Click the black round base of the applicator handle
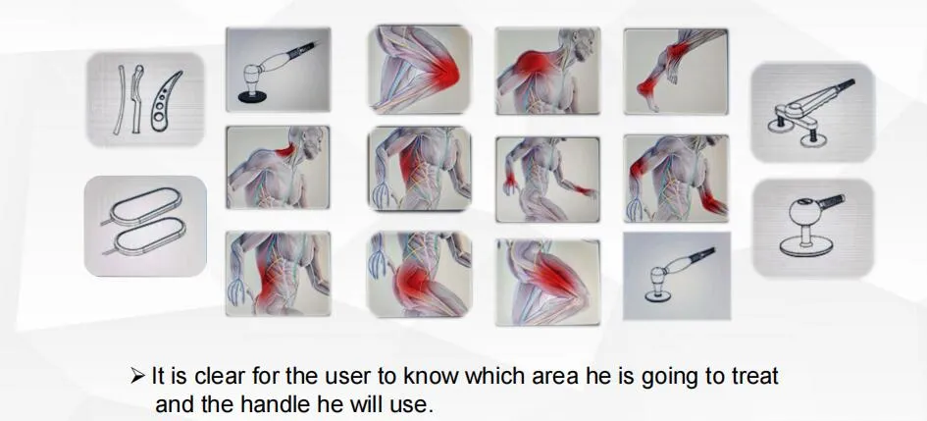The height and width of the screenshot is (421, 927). (x=252, y=98)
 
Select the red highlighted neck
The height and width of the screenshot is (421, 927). (x=285, y=151)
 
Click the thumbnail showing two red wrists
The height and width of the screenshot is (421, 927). (x=547, y=180)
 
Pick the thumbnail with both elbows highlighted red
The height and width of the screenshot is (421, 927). (x=676, y=178)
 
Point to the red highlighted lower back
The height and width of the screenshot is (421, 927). (x=270, y=278)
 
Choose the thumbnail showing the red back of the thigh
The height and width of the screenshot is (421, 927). (x=548, y=282)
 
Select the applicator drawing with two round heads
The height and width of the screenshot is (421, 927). (x=812, y=112)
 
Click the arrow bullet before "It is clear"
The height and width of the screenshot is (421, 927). (x=137, y=376)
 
